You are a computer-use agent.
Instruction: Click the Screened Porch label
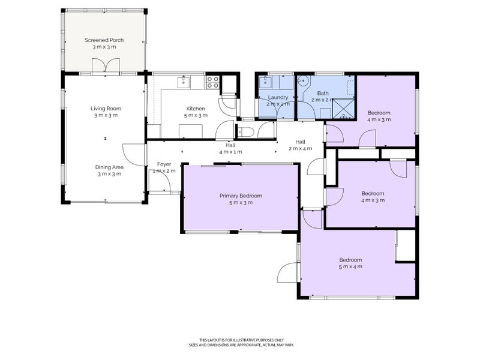[104, 40]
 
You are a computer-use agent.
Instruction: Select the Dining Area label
[109, 167]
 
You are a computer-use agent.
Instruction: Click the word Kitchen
[196, 109]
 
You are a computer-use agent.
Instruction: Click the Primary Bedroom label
[241, 196]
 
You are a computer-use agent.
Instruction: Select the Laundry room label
[278, 97]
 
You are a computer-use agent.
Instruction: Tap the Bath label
[323, 93]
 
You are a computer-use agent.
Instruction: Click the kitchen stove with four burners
[213, 82]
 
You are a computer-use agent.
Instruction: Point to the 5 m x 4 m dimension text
[350, 267]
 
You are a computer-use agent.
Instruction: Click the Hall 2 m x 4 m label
[301, 145]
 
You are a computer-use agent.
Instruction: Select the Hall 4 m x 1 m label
[230, 148]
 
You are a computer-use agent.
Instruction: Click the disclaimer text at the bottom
[247, 342]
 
